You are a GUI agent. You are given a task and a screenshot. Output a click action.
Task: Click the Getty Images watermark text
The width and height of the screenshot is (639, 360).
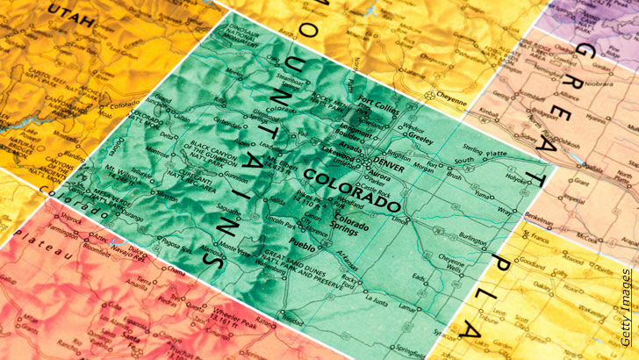coord(625,307)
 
